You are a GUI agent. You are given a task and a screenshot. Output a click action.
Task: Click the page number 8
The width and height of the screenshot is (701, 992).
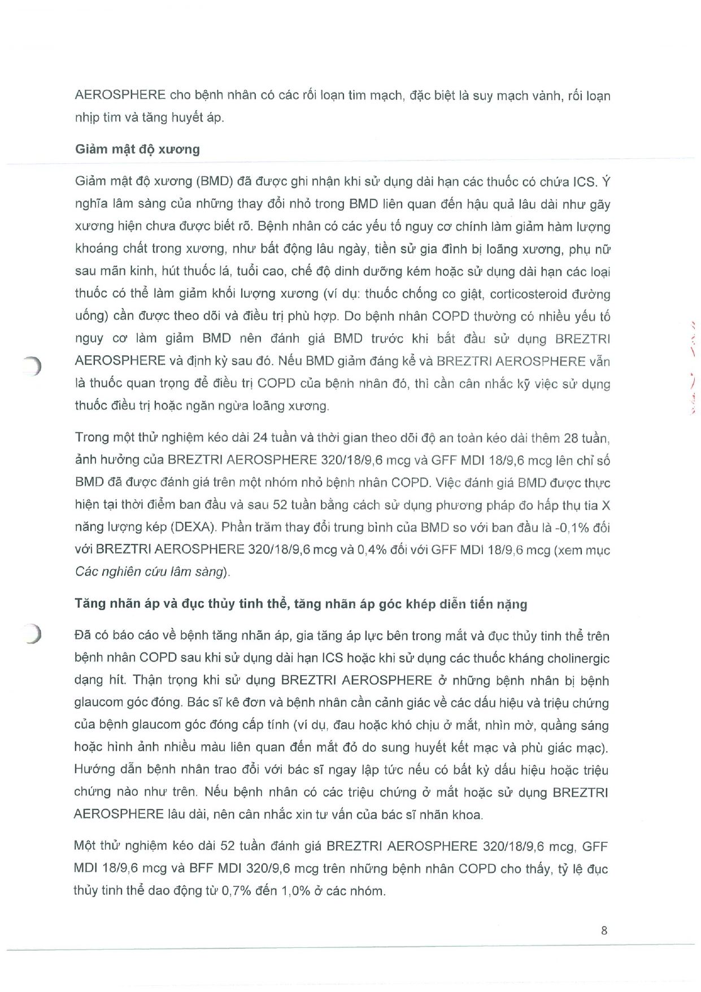[604, 930]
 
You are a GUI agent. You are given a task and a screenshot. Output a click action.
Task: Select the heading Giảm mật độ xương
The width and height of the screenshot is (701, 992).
[137, 150]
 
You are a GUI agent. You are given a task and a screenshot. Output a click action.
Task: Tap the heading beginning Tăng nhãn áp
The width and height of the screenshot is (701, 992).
[301, 604]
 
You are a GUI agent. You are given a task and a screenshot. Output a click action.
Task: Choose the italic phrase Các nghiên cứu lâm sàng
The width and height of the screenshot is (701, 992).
[151, 572]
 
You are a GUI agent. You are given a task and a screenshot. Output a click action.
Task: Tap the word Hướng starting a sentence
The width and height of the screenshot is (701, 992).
[94, 770]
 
